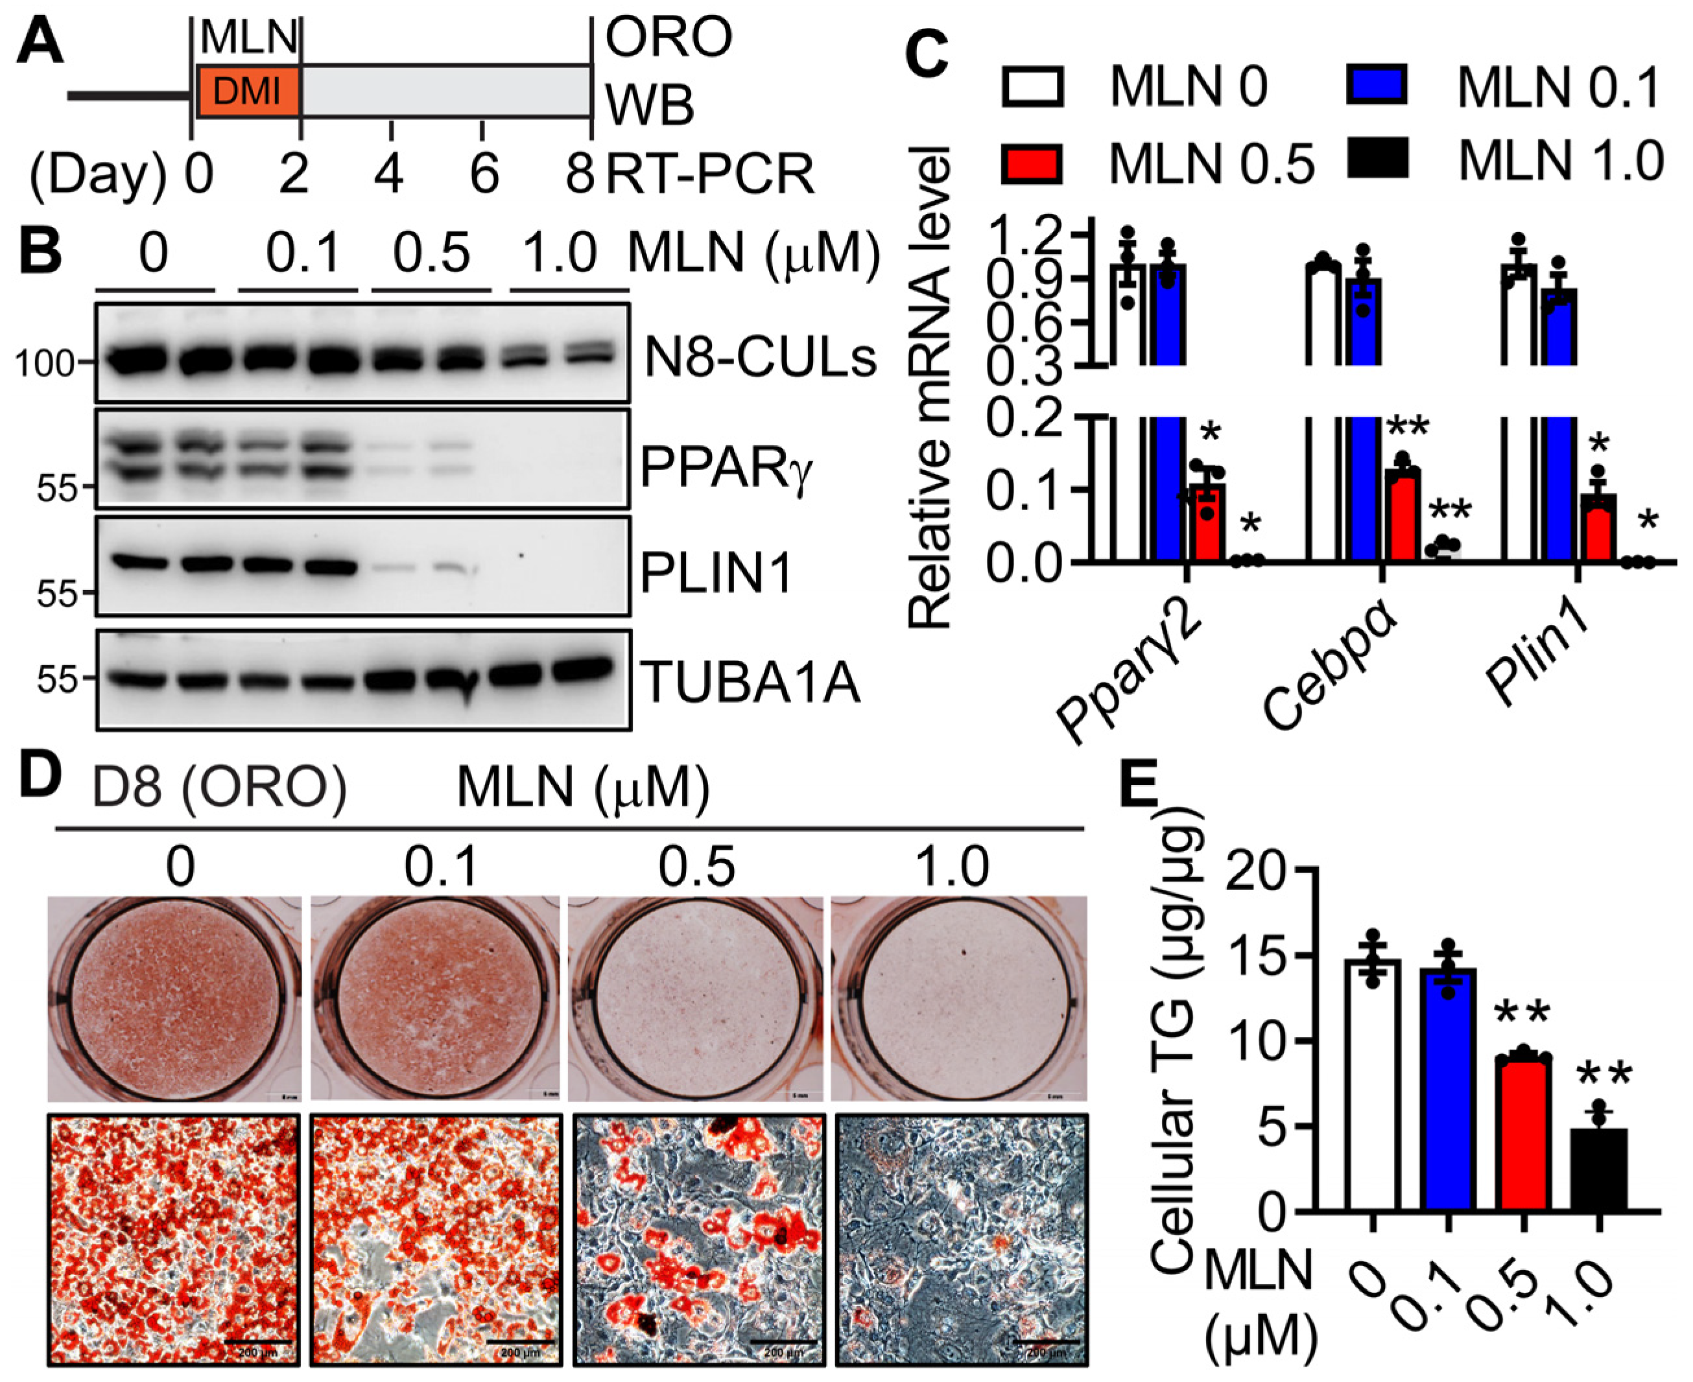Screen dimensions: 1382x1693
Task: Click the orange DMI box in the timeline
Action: coord(247,92)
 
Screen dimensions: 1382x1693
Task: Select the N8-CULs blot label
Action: coord(761,358)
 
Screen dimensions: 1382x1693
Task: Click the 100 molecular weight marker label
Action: coord(45,364)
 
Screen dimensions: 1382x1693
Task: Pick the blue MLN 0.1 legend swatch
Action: coord(1377,85)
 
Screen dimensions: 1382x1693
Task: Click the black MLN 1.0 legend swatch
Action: coord(1377,158)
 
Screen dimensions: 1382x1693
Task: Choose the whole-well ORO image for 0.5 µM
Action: coord(696,998)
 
